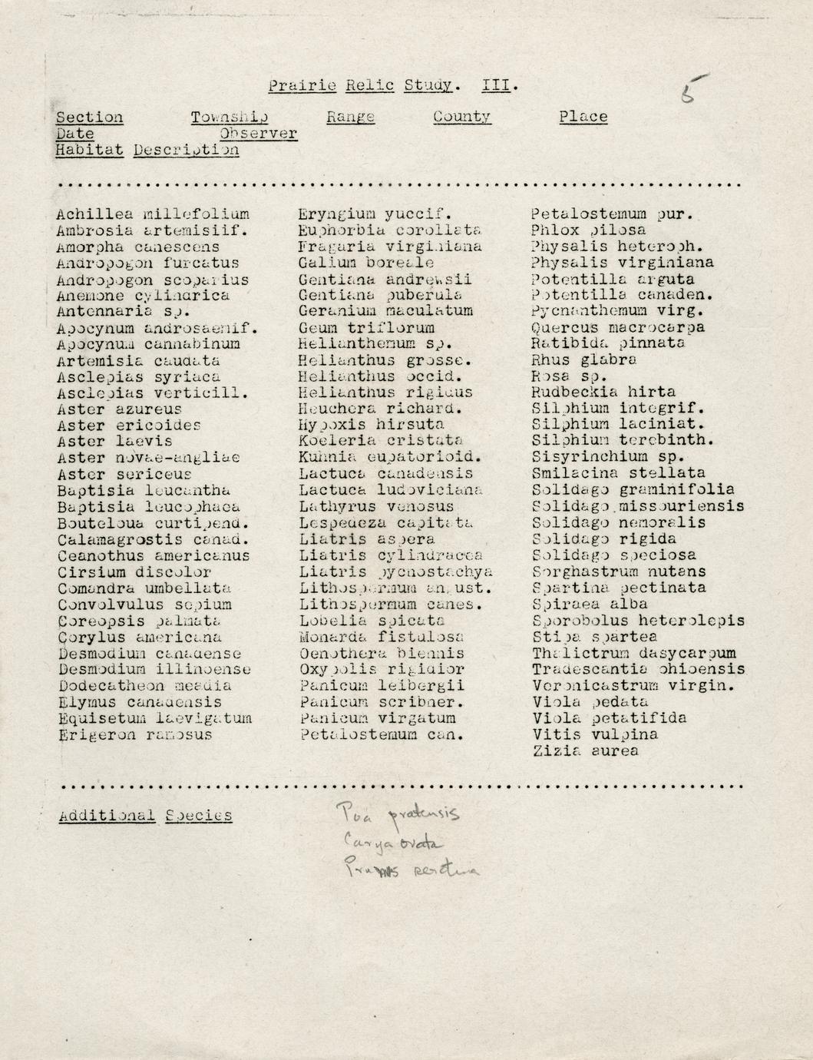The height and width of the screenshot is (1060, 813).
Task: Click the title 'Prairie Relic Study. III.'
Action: tap(393, 85)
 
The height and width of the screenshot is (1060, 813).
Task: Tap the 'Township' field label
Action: tap(230, 118)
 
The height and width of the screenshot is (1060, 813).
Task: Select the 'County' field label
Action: tap(461, 117)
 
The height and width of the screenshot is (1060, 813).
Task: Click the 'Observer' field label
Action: tap(258, 134)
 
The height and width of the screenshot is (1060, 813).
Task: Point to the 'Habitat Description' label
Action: tap(147, 151)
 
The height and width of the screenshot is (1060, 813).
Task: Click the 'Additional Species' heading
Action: tap(145, 816)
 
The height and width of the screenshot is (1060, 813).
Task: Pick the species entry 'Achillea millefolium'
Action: tap(153, 214)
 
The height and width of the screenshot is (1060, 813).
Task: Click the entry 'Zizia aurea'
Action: tap(584, 751)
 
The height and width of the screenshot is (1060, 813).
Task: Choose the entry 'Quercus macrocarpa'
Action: tap(618, 327)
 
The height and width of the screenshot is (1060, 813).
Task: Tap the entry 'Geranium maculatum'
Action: tap(385, 311)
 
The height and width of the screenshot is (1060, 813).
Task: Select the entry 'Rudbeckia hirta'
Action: tap(603, 392)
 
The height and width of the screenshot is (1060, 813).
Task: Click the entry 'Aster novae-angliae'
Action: tap(148, 458)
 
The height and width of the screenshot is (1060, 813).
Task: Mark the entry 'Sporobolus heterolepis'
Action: tap(638, 621)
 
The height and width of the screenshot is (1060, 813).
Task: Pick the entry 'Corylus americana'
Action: tap(139, 637)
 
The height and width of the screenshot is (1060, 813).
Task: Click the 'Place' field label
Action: tap(583, 117)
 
